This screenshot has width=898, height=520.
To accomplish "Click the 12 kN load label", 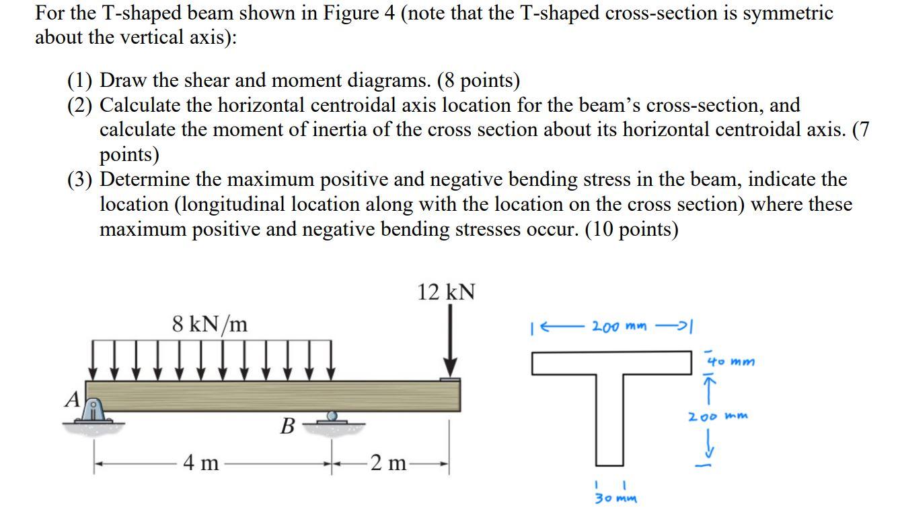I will coord(447,292).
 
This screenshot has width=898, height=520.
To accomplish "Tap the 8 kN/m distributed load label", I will coord(210,324).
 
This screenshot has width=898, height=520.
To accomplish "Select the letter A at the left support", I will coord(71,400).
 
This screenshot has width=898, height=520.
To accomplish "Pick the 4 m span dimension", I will coord(202,463).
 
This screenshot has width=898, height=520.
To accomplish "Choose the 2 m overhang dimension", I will coord(388,463).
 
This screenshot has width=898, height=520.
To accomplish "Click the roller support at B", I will coord(331,418).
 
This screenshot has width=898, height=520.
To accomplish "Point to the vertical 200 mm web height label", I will coord(717,416).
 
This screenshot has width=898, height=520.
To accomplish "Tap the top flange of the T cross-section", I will coord(613,363).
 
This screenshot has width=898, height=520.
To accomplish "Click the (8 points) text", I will coord(478,81).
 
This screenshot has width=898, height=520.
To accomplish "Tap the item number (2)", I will coord(81,105).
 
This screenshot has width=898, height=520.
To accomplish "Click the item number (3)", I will coord(81,180).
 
